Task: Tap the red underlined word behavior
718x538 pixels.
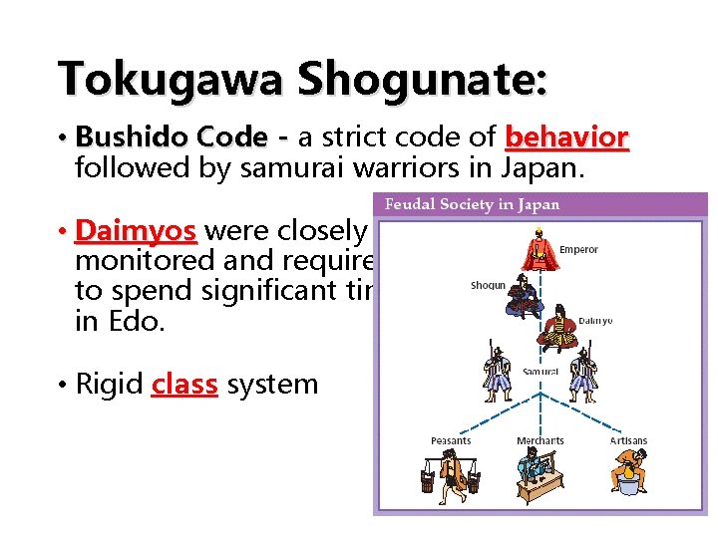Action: tap(566, 136)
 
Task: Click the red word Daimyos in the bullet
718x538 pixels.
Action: tap(136, 231)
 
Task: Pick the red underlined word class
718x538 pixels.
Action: tap(184, 385)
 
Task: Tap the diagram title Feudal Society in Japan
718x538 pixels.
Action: tap(472, 205)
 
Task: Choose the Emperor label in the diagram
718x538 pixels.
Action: tap(579, 249)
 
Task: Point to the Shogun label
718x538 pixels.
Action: tap(488, 286)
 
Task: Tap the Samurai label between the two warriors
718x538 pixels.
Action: tap(540, 372)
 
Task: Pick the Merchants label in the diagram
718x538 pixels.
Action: tap(539, 441)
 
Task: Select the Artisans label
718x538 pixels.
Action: tap(628, 441)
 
